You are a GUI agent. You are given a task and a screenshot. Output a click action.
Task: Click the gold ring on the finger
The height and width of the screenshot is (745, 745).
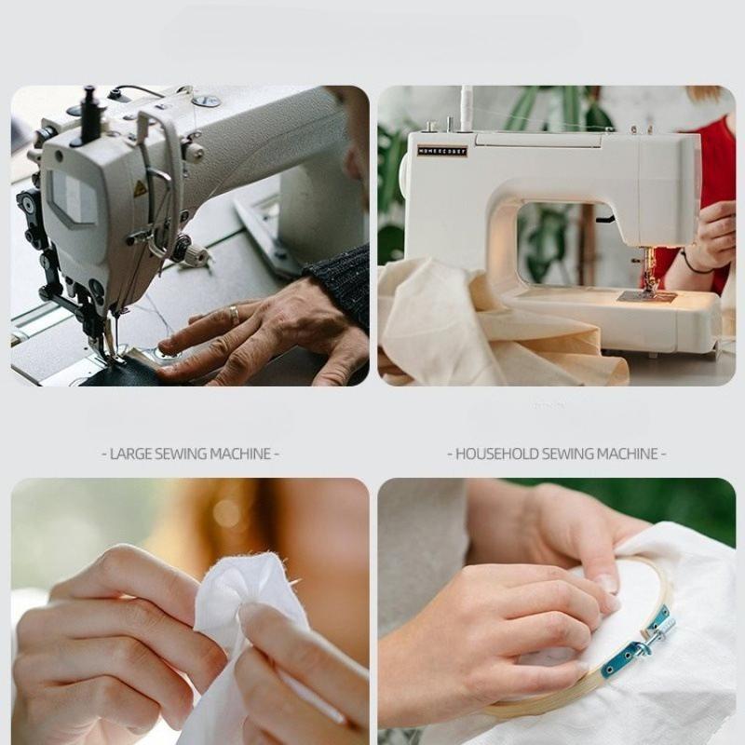pyautogui.click(x=234, y=315)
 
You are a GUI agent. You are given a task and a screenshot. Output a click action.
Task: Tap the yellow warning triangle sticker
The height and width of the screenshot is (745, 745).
pyautogui.click(x=140, y=189)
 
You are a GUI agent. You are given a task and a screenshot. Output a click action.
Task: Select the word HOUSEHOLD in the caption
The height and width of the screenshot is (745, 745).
pyautogui.click(x=498, y=454)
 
